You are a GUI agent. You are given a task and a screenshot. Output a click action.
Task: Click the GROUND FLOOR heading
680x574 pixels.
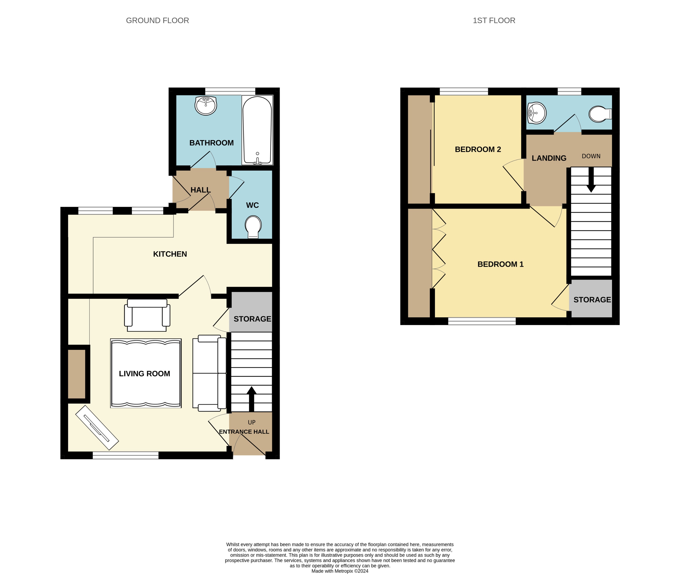[x=157, y=20]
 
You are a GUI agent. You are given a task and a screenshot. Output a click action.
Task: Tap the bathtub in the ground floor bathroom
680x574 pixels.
[x=257, y=130]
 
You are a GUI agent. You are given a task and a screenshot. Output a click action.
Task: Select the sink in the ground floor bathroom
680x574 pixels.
[x=206, y=105]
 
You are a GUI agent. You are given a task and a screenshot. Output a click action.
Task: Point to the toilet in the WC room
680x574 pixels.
[x=253, y=226]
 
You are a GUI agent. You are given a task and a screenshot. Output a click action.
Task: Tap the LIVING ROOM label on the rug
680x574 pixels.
[x=144, y=374]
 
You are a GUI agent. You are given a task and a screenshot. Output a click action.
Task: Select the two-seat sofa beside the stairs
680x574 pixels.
[x=209, y=373]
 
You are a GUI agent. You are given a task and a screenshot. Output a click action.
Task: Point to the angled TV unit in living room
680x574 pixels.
[x=97, y=428]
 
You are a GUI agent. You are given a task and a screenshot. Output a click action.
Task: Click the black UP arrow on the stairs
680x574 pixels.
[x=251, y=399]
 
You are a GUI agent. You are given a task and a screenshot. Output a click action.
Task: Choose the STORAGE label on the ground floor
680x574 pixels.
[x=252, y=319]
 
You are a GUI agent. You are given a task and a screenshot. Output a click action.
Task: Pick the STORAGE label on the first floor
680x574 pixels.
[x=592, y=300]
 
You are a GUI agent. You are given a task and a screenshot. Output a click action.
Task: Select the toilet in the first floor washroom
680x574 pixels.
[x=599, y=114]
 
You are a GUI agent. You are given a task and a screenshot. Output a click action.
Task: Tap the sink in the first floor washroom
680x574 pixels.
[x=536, y=113]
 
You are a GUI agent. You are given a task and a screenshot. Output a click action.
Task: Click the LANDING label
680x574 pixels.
[x=549, y=158]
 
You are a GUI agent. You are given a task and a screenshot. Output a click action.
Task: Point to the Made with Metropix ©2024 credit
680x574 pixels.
[x=340, y=571]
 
